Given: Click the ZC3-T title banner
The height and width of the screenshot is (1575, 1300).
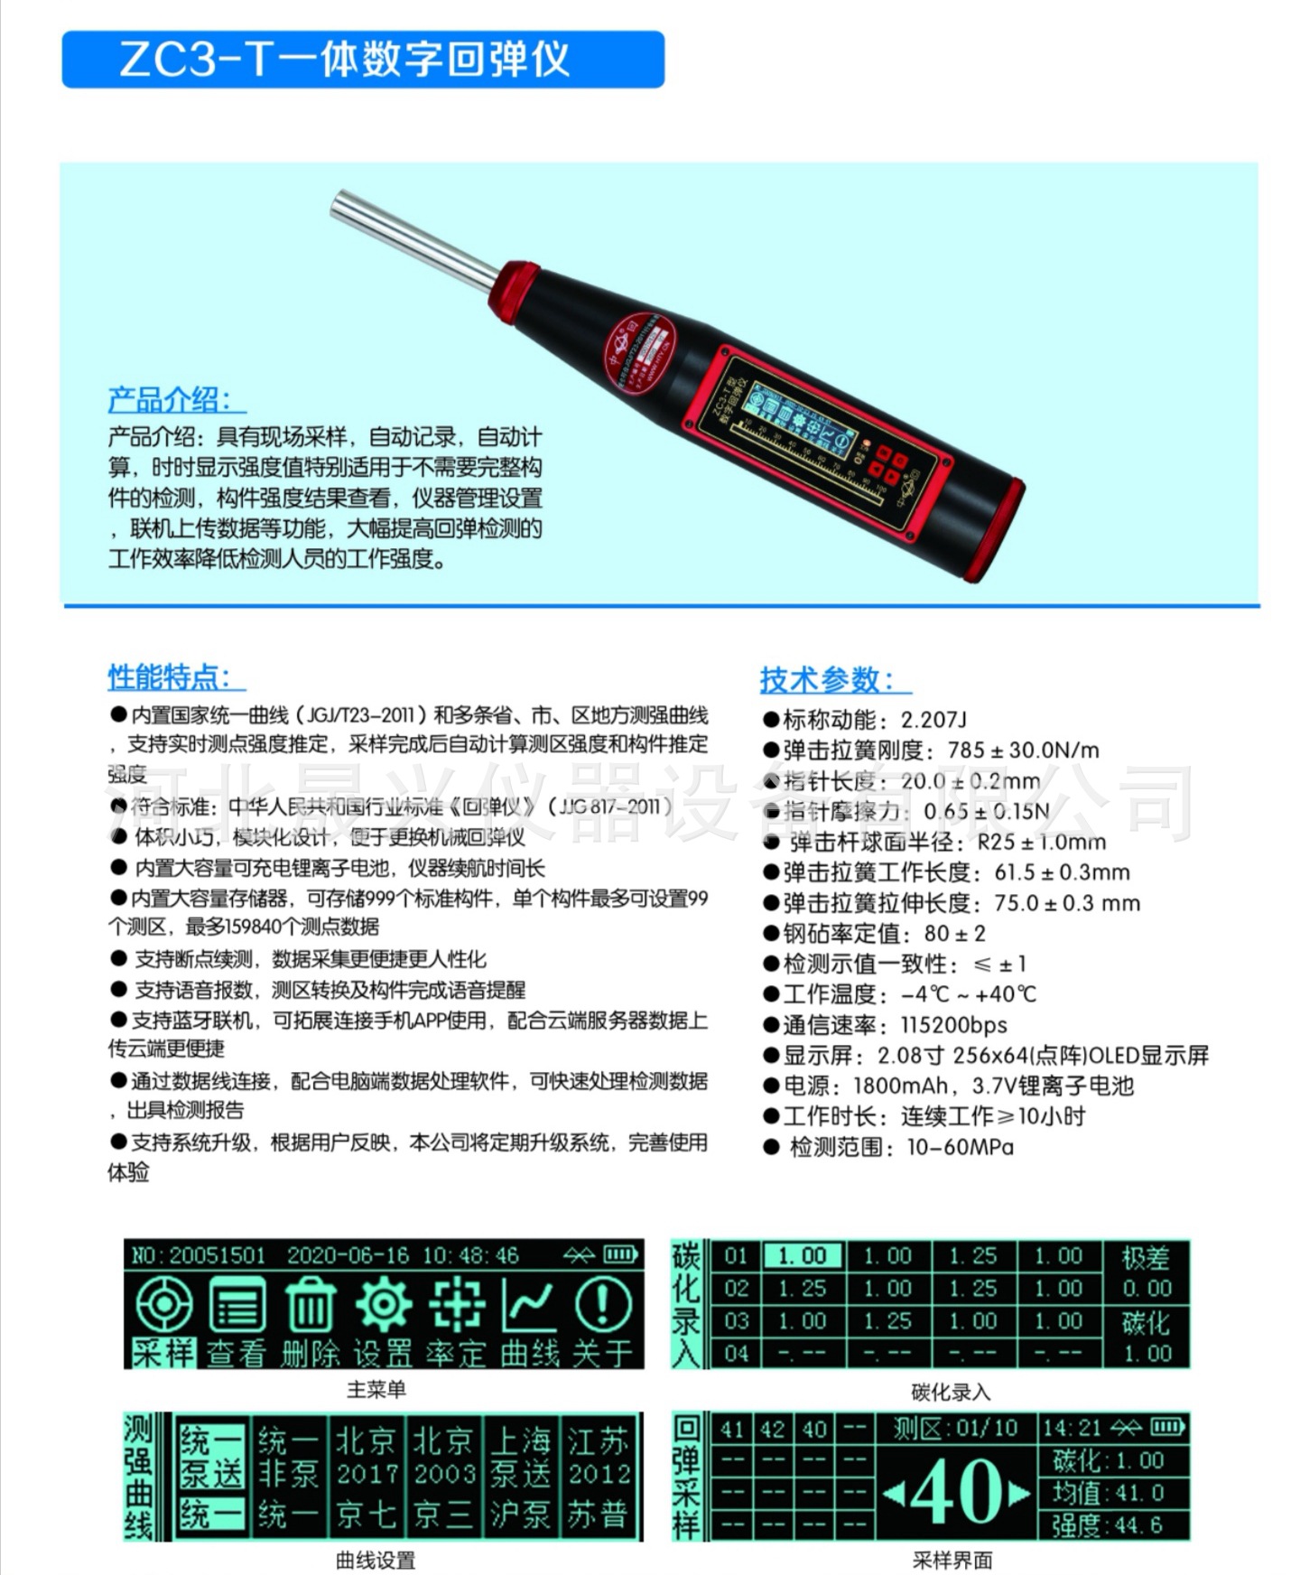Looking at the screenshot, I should (x=362, y=60).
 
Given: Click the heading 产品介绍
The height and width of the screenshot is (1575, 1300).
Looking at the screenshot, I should (x=172, y=400).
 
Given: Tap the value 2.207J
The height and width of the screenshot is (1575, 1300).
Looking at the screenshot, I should (x=933, y=720).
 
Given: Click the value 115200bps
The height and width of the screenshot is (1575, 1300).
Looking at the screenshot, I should (x=953, y=1025).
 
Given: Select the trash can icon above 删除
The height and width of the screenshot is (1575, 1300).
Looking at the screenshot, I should (x=310, y=1307).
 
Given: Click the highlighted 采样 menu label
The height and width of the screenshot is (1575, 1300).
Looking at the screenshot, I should (x=163, y=1352).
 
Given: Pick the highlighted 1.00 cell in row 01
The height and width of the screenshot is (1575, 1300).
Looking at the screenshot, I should (x=802, y=1256).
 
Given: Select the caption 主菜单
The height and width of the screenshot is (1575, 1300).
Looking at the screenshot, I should (x=376, y=1389).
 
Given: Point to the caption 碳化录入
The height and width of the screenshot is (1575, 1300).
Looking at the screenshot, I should (x=950, y=1392).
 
